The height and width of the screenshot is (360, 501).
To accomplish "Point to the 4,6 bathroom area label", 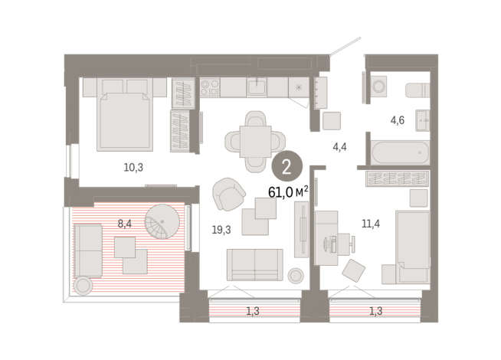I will pyautogui.click(x=398, y=120).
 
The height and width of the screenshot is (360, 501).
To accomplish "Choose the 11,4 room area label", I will pyautogui.click(x=372, y=224).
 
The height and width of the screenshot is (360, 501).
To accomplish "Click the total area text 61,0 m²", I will pyautogui.click(x=288, y=191).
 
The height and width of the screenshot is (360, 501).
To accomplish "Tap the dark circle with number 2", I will pyautogui.click(x=287, y=165).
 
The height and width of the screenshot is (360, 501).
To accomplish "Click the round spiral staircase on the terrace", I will pyautogui.click(x=166, y=223).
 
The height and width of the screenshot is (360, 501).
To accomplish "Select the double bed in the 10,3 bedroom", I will pyautogui.click(x=124, y=115).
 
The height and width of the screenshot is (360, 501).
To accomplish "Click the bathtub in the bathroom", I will pyautogui.click(x=398, y=151).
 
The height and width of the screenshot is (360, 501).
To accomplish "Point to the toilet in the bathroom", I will pyautogui.click(x=417, y=90).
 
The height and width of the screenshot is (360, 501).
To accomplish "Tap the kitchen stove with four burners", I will pyautogui.click(x=210, y=87).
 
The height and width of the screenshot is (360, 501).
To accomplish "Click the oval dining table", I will pyautogui.click(x=254, y=141).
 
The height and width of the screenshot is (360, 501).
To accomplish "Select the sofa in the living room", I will pyautogui.click(x=254, y=264).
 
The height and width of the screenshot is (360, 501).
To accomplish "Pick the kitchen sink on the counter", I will pyautogui.click(x=257, y=87).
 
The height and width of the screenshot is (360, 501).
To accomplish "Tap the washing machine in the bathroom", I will pyautogui.click(x=380, y=88).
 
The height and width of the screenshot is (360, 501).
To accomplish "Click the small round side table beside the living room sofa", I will pyautogui.click(x=296, y=275).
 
